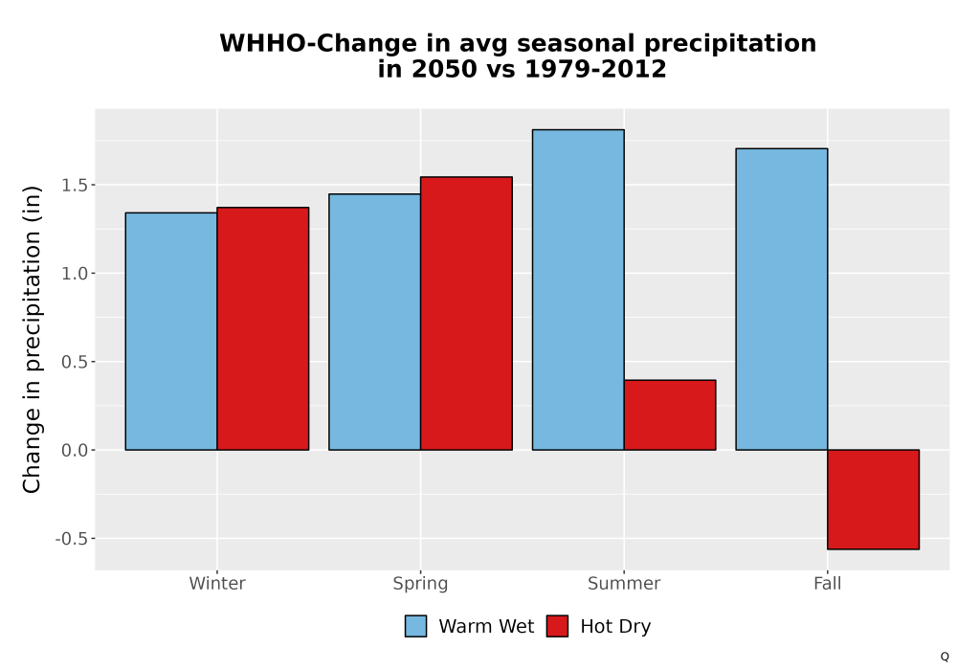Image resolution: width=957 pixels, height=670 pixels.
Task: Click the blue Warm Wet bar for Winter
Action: pyautogui.click(x=171, y=331)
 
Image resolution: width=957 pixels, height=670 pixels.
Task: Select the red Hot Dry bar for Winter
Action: pyautogui.click(x=263, y=329)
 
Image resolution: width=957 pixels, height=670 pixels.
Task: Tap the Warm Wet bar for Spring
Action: pyautogui.click(x=375, y=323)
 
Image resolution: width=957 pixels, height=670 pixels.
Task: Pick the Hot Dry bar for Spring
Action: pyautogui.click(x=466, y=314)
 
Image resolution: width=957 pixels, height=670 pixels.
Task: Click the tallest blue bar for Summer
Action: pyautogui.click(x=578, y=290)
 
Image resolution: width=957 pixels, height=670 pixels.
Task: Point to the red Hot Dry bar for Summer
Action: pyautogui.click(x=670, y=415)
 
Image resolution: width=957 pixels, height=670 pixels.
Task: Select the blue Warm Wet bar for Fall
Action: pyautogui.click(x=781, y=299)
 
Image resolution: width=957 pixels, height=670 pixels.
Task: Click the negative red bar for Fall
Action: pyautogui.click(x=874, y=500)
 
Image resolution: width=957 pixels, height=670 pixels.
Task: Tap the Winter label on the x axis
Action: pyautogui.click(x=217, y=583)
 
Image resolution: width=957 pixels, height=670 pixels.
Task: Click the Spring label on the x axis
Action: pyautogui.click(x=420, y=584)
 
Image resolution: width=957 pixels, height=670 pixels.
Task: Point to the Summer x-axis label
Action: pyautogui.click(x=624, y=583)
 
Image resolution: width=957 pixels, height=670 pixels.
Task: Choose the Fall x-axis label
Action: pyautogui.click(x=828, y=583)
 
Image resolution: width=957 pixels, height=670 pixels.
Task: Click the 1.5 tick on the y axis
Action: pyautogui.click(x=75, y=185)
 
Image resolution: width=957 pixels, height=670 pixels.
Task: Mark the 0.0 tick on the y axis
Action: pyautogui.click(x=75, y=450)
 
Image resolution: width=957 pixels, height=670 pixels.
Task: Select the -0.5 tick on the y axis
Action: pyautogui.click(x=72, y=539)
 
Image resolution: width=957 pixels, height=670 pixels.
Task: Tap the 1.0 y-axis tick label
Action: pyautogui.click(x=75, y=274)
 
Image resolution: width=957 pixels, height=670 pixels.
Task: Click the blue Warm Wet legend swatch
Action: pyautogui.click(x=415, y=626)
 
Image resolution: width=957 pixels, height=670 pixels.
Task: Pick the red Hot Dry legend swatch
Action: pyautogui.click(x=557, y=626)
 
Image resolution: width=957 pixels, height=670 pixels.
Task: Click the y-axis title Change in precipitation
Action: pyautogui.click(x=32, y=339)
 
